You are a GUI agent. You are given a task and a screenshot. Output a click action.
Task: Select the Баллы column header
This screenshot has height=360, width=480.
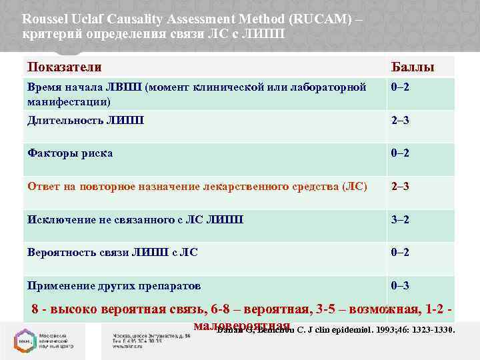tap(412, 67)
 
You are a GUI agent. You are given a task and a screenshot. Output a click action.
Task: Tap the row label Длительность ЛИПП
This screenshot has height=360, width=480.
tap(85, 120)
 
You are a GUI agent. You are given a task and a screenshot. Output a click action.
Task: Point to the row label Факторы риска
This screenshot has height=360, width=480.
tap(70, 153)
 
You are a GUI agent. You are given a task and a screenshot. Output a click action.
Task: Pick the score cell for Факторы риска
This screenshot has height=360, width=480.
tap(401, 153)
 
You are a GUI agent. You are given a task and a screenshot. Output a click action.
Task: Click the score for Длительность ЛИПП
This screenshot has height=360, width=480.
tap(401, 120)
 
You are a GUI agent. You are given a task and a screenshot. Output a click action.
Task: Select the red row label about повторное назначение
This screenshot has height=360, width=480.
tap(197, 186)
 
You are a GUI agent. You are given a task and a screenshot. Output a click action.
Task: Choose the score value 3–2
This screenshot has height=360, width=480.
tap(401, 219)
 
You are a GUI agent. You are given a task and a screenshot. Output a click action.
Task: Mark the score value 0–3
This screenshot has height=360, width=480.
tap(401, 285)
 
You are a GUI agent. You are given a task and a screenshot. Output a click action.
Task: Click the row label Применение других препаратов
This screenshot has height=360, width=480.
tap(114, 285)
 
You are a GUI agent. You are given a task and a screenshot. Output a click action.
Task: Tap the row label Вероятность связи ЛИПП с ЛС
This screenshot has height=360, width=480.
tap(112, 252)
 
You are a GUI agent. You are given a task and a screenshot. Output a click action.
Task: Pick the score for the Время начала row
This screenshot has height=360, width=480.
tap(401, 87)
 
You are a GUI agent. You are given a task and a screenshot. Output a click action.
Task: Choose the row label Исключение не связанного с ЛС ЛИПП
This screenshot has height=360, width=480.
tap(135, 219)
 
